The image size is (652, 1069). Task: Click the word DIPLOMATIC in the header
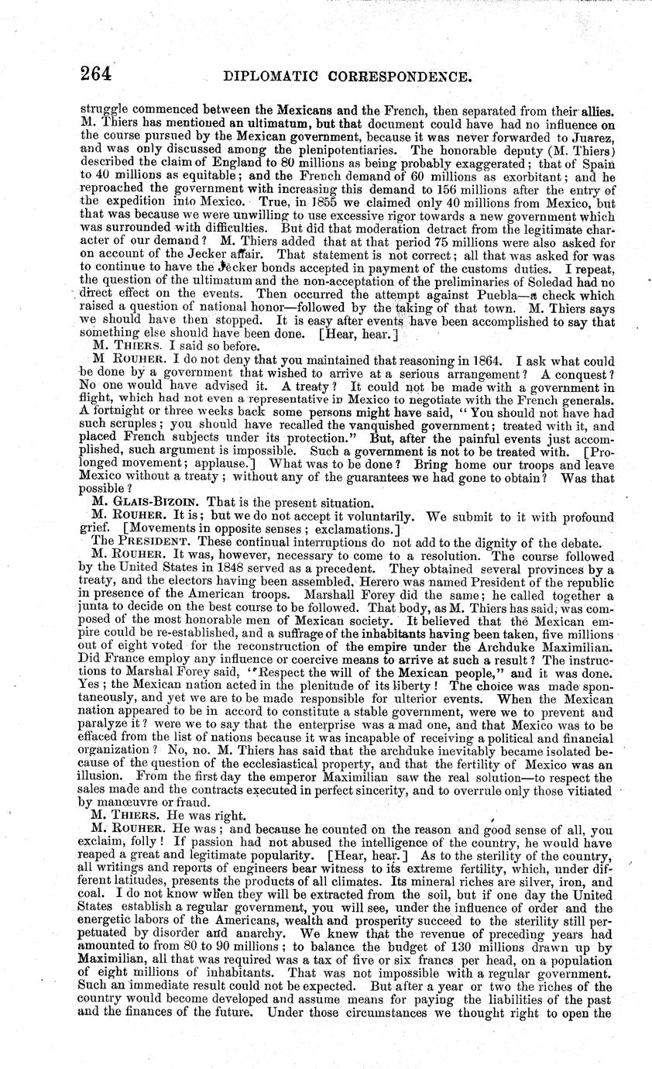276,77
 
